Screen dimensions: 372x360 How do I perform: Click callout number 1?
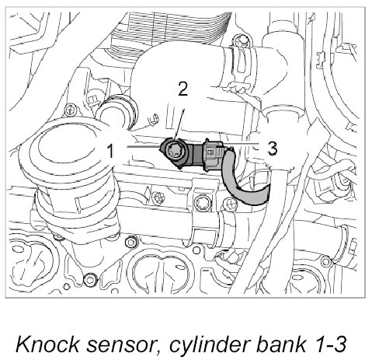click(x=111, y=151)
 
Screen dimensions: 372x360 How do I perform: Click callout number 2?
click(x=183, y=89)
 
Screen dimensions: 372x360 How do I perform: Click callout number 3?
click(x=272, y=149)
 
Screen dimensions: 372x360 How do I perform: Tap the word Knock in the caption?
click(x=47, y=344)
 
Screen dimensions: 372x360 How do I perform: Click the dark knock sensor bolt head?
click(x=174, y=152)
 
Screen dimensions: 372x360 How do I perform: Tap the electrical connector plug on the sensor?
click(x=214, y=156)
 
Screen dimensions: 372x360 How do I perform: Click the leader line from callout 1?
click(x=143, y=147)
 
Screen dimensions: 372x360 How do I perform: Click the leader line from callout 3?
click(x=238, y=143)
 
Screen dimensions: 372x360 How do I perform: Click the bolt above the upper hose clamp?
click(x=241, y=40)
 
